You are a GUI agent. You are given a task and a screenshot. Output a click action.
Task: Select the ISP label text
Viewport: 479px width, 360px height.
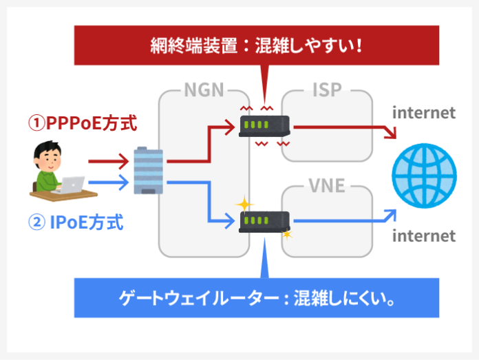pos(328,92)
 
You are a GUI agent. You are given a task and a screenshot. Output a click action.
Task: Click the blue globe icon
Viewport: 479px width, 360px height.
pos(423,174)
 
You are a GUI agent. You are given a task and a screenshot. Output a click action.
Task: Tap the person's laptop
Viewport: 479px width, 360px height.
pos(72,184)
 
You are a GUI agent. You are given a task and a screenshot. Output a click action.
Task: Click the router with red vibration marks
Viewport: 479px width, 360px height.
pos(264,127)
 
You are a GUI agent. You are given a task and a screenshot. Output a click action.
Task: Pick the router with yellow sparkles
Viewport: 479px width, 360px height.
pos(264,222)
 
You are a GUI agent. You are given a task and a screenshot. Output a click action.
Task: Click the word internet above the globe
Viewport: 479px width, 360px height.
pos(423,112)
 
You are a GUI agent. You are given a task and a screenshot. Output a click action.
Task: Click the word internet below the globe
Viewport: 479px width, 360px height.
pos(423,236)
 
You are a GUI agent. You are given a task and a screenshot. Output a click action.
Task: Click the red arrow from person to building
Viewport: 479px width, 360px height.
pos(108,162)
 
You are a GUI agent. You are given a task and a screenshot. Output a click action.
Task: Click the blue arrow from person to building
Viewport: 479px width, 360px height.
pos(108,182)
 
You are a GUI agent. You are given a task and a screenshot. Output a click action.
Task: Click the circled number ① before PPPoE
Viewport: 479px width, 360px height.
pos(36,124)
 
